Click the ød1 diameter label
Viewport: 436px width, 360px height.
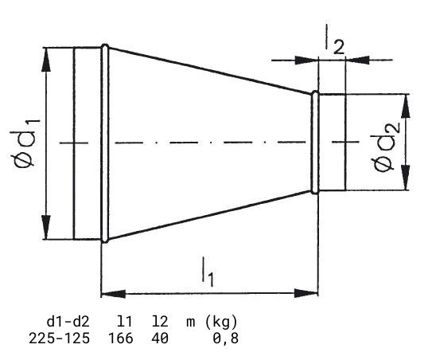tap(25, 143)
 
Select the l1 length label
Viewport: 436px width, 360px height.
tap(208, 272)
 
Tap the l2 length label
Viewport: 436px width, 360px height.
tap(334, 40)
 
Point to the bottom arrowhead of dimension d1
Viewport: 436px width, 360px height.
tap(46, 225)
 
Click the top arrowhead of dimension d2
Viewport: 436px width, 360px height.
tap(406, 107)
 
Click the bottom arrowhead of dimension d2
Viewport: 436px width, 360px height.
tap(406, 178)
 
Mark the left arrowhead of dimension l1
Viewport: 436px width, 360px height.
tap(113, 293)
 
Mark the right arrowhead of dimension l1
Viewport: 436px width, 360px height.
tap(306, 293)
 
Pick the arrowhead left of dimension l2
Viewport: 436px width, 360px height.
tap(306, 60)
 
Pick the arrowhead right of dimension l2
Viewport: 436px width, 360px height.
tap(357, 60)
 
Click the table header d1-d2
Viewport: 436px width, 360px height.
tap(68, 322)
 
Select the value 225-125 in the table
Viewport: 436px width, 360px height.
tap(59, 338)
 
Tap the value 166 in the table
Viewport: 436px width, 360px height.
tap(120, 338)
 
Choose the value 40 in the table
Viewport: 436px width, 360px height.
tap(160, 338)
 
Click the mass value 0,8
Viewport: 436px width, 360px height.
tap(225, 338)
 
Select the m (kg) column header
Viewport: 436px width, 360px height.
tap(212, 322)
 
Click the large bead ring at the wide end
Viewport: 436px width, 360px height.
tap(105, 143)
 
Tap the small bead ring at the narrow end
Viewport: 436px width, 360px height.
tap(315, 143)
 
